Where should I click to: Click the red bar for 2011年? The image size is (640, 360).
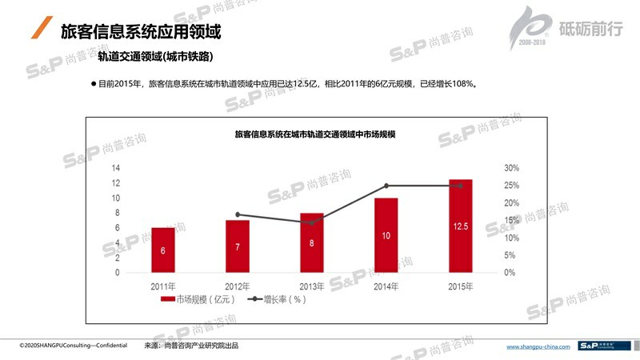pos(163,250)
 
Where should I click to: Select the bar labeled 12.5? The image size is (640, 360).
pos(460,226)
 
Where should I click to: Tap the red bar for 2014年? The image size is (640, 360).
pos(386,235)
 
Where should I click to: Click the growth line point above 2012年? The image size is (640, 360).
pos(238,214)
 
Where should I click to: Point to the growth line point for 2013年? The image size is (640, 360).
pos(312,222)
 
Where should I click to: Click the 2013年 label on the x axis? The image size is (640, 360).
pos(312,286)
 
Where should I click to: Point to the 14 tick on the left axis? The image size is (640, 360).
pos(115,168)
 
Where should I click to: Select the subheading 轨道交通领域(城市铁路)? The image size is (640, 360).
pos(155,58)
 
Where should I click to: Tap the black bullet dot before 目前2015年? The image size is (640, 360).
pos(93,83)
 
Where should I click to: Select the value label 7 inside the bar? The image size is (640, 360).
pos(238,246)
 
